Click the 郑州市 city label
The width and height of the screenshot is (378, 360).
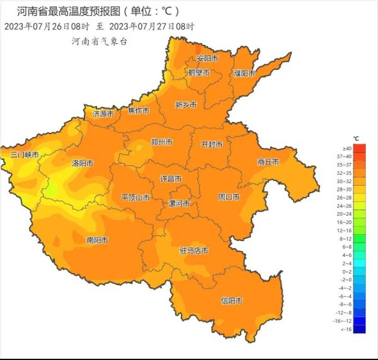point(161,142)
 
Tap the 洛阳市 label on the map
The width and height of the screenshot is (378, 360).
point(83,163)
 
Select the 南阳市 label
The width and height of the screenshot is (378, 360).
point(97,240)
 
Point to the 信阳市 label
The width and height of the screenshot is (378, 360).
point(231,301)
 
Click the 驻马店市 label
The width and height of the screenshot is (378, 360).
point(193,250)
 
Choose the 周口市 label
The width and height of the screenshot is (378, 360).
point(229,197)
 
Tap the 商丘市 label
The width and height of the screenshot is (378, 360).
point(268,162)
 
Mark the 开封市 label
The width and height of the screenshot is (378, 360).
point(212,144)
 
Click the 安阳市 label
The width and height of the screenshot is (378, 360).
point(207,58)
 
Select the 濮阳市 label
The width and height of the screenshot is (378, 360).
point(244,73)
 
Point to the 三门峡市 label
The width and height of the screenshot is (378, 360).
point(25,154)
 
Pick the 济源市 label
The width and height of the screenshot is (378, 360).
point(103,114)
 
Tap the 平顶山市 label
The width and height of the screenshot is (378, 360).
point(135,198)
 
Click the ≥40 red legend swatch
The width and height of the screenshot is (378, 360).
point(359,149)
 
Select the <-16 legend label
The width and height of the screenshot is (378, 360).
point(345,329)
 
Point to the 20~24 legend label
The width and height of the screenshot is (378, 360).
point(345,214)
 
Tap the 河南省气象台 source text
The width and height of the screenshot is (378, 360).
point(100,41)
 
